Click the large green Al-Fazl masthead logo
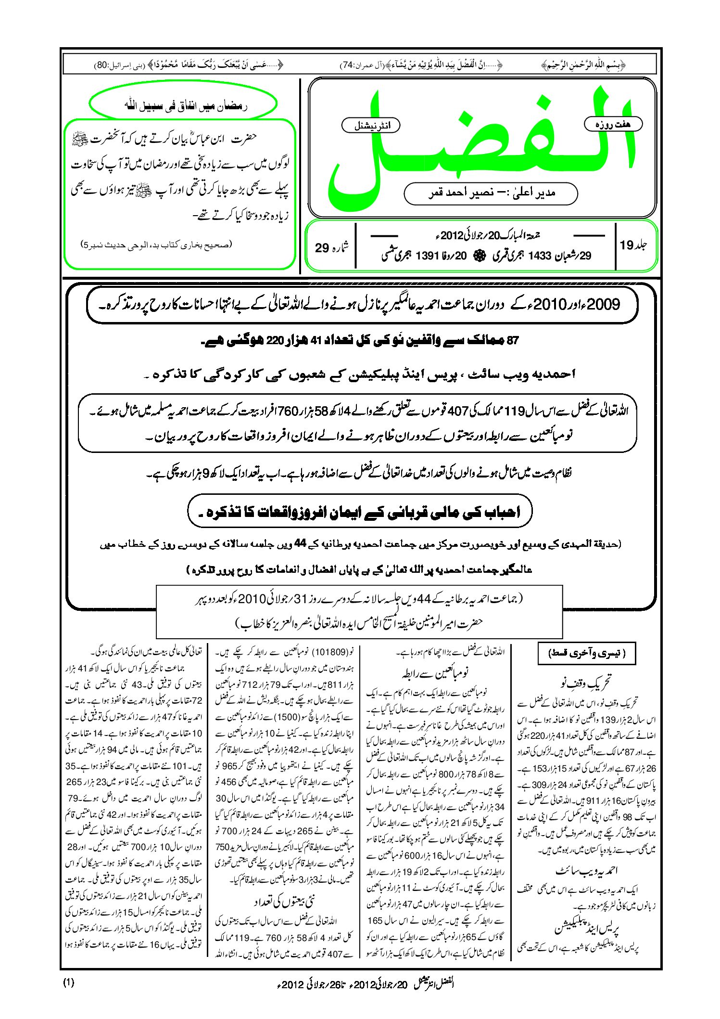481,144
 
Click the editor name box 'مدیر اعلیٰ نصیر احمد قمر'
491,193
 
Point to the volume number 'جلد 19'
633,245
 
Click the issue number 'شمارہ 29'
331,247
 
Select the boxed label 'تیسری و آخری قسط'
586,654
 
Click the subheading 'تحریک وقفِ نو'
586,683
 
